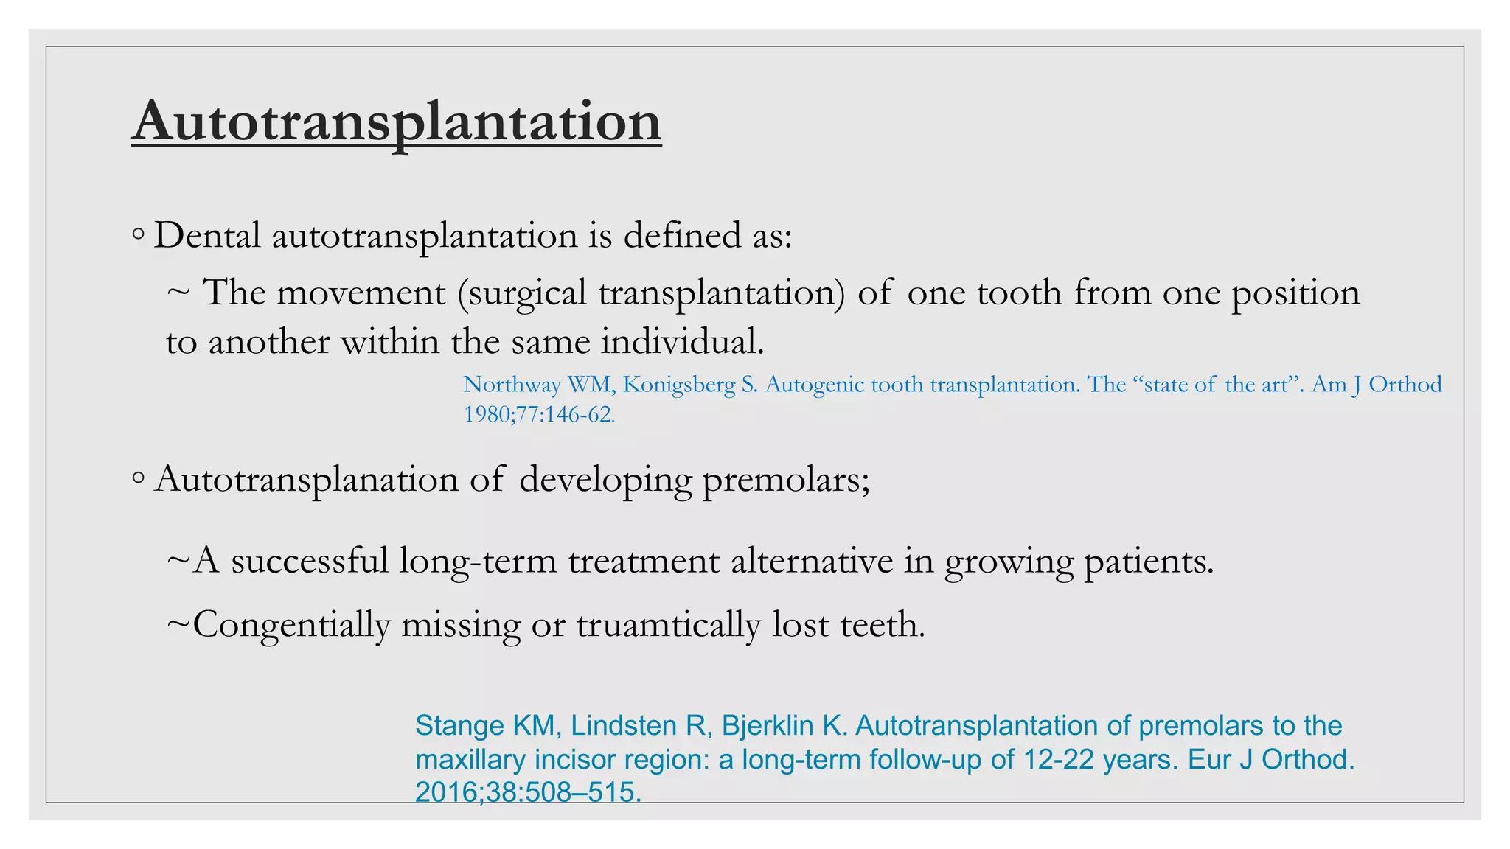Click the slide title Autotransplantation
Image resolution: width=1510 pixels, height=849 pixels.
pyautogui.click(x=396, y=122)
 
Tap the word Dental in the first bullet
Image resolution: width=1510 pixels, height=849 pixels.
pyautogui.click(x=207, y=236)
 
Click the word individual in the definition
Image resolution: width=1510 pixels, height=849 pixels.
pyautogui.click(x=682, y=342)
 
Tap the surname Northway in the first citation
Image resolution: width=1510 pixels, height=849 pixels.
pyautogui.click(x=512, y=385)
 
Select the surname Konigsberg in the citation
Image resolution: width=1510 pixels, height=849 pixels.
pyautogui.click(x=679, y=385)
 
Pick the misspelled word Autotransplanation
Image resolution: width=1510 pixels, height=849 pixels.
pyautogui.click(x=307, y=480)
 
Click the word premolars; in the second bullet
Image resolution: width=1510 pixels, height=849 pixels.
pyautogui.click(x=786, y=480)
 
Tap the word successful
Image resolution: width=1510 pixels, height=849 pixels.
pyautogui.click(x=310, y=561)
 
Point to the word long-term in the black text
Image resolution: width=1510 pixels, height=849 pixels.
pyautogui.click(x=478, y=561)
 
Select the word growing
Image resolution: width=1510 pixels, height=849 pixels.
pyautogui.click(x=1009, y=561)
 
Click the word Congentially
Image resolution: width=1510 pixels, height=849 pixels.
pyautogui.click(x=291, y=625)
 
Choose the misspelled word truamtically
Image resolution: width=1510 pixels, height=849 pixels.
pyautogui.click(x=668, y=625)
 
